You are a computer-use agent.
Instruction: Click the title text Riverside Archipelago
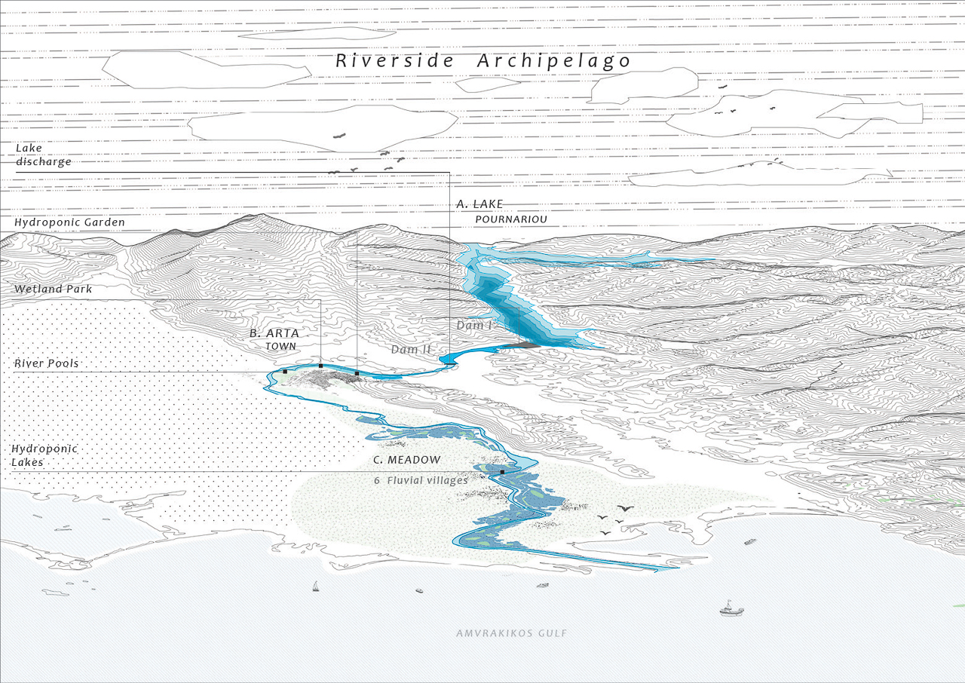482,62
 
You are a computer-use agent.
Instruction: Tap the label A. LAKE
479,204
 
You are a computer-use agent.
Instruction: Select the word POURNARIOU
511,219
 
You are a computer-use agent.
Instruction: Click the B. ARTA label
274,333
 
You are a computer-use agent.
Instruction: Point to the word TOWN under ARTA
280,346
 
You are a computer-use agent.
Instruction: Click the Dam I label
474,325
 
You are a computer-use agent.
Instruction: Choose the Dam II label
411,350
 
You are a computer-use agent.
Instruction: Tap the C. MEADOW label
406,460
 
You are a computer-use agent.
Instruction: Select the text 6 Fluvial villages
421,480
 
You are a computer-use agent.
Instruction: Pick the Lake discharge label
43,155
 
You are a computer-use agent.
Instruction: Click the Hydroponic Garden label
69,222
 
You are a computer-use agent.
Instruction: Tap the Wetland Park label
53,289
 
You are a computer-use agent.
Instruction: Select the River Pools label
46,363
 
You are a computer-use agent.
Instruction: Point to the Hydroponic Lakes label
44,455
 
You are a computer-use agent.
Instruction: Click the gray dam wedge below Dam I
522,345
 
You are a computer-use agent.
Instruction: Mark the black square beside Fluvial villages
502,472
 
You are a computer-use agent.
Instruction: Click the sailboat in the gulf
316,587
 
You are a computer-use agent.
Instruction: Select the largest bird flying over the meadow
625,508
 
